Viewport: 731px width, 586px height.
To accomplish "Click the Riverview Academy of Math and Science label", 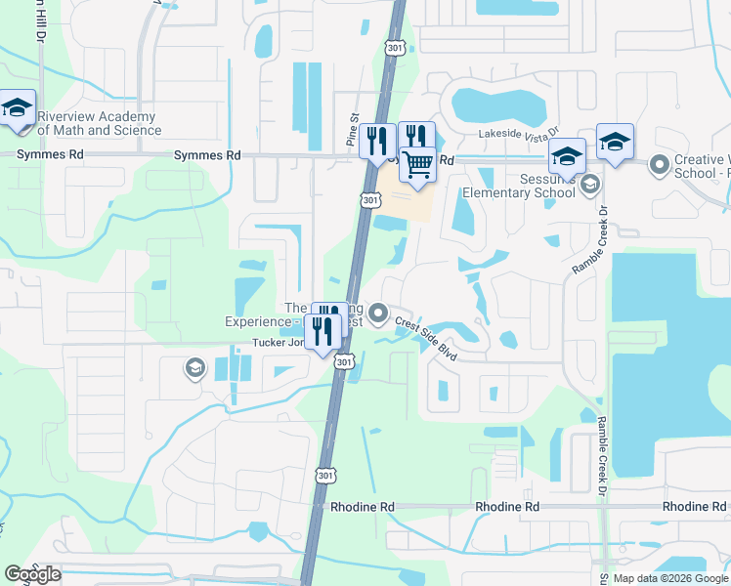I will (x=98, y=123).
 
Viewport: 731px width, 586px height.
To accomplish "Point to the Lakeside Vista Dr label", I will (x=518, y=133).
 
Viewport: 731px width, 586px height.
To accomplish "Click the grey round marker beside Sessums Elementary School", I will (x=589, y=184).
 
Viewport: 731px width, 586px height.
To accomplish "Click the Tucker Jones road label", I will (x=278, y=343).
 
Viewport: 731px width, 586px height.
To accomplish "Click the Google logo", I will (x=32, y=574).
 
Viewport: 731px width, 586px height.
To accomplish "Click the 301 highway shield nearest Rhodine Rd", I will (x=324, y=475).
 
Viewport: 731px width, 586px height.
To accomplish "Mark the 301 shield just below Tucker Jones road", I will (x=343, y=362).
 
